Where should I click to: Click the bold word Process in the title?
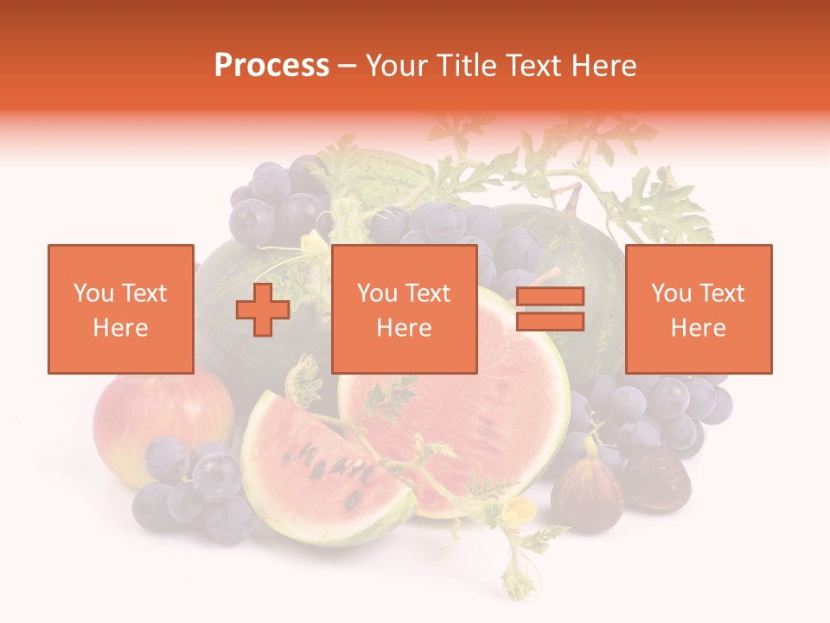271,66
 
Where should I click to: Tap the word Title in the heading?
469,66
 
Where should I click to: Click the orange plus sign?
263,310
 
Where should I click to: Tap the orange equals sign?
550,309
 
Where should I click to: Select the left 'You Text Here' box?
120,309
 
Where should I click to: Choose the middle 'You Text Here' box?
404,309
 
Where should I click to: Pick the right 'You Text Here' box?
698,309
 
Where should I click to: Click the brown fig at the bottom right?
588,493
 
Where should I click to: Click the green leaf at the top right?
666,208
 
